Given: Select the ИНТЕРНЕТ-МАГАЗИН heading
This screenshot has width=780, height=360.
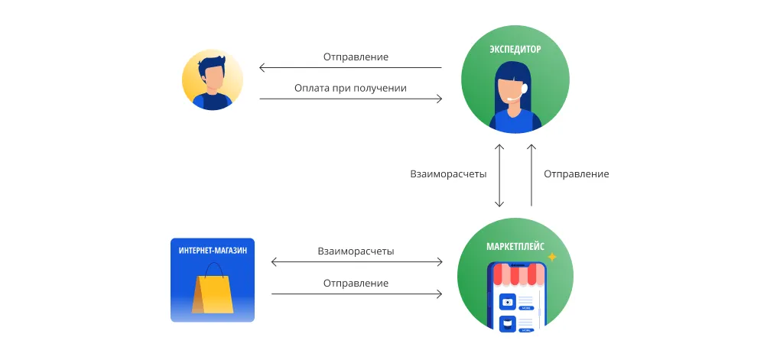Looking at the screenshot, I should pyautogui.click(x=213, y=251).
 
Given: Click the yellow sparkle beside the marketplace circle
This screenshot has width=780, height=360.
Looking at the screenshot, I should pyautogui.click(x=552, y=258).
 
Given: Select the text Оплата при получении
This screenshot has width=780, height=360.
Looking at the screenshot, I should pyautogui.click(x=350, y=89).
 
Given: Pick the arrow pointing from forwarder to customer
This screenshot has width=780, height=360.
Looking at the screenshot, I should pyautogui.click(x=350, y=68).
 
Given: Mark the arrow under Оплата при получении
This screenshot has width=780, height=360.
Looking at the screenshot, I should pyautogui.click(x=350, y=99).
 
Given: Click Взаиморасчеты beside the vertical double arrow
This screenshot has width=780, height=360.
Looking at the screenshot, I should pyautogui.click(x=448, y=174).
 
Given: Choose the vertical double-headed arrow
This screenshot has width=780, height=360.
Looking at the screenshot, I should pyautogui.click(x=499, y=174).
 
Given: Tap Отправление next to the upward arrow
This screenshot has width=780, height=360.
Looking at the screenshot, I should pyautogui.click(x=576, y=174).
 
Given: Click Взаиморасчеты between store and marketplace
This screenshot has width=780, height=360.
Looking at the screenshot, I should pyautogui.click(x=356, y=251).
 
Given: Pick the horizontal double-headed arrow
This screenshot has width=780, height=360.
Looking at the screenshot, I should pyautogui.click(x=356, y=262).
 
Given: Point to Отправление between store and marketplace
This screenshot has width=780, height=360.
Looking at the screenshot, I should pyautogui.click(x=356, y=283).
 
